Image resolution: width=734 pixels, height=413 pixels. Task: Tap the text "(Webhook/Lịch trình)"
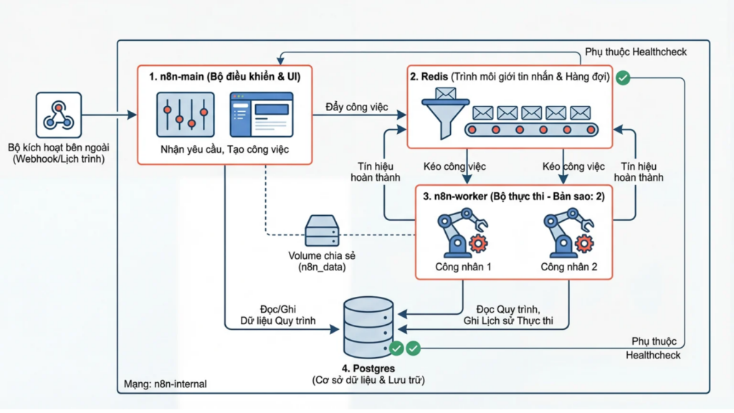click(58, 159)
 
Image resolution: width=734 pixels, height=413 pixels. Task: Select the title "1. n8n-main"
click(175, 77)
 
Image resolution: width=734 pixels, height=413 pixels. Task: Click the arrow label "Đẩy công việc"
click(356, 107)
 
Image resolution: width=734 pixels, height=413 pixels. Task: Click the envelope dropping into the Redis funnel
click(445, 93)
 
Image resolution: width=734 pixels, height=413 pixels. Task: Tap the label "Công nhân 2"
click(569, 267)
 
